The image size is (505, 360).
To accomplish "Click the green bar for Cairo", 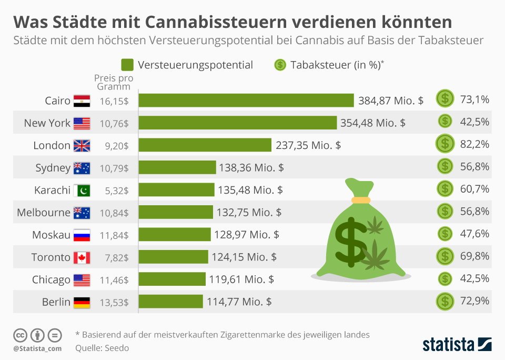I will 246,101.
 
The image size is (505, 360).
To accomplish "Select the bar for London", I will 205,145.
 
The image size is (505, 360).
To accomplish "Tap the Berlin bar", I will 171,302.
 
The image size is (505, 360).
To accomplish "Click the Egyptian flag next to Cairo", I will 82,101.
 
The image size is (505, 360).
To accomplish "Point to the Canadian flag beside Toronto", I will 82,257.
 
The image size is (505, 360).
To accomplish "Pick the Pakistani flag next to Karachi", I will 82,190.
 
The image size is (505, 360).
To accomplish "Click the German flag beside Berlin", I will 82,302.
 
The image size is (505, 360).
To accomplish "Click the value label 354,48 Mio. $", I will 372,123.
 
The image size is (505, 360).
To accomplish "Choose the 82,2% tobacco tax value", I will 474,144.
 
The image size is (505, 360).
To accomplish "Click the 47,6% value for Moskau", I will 474,234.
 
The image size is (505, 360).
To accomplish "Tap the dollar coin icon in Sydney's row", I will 445,166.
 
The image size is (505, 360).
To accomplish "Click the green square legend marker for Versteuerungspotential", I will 127,65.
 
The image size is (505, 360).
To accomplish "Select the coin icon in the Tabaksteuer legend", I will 280,65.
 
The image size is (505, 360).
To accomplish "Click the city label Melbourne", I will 43,213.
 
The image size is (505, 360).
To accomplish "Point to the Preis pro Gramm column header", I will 114,82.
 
